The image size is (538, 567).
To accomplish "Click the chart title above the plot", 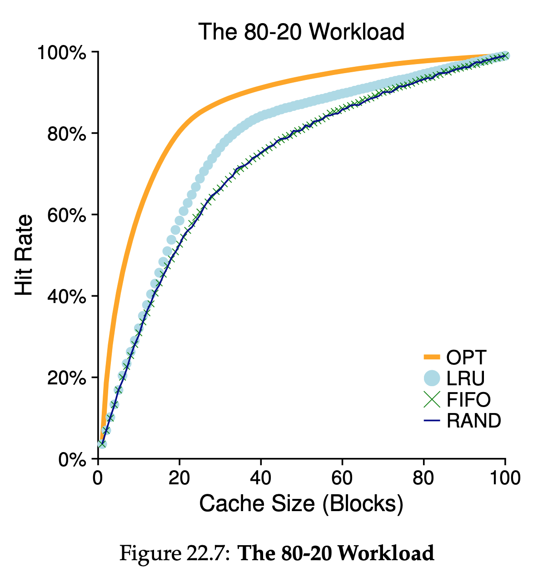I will tap(301, 32).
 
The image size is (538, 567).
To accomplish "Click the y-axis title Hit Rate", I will tap(25, 255).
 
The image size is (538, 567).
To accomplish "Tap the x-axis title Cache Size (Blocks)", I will tap(301, 504).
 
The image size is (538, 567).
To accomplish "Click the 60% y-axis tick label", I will tap(66, 215).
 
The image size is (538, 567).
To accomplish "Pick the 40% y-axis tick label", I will tap(66, 297).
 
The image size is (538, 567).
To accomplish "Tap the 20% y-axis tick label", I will tap(66, 378).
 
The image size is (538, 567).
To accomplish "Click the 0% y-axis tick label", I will tap(72, 459).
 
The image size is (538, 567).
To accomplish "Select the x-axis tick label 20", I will tap(179, 478).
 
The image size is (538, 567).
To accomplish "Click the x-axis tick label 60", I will tap(342, 478).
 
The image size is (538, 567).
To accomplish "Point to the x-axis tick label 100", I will tap(504, 478).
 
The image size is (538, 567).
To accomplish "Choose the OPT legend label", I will tap(466, 358).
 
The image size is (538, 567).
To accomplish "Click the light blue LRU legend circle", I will tap(432, 378).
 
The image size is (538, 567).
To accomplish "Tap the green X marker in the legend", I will tap(432, 399).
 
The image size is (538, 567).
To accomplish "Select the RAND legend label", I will tap(474, 421).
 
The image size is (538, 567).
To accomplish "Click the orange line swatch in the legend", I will tap(432, 358).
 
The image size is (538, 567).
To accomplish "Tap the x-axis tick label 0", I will tap(98, 478).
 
